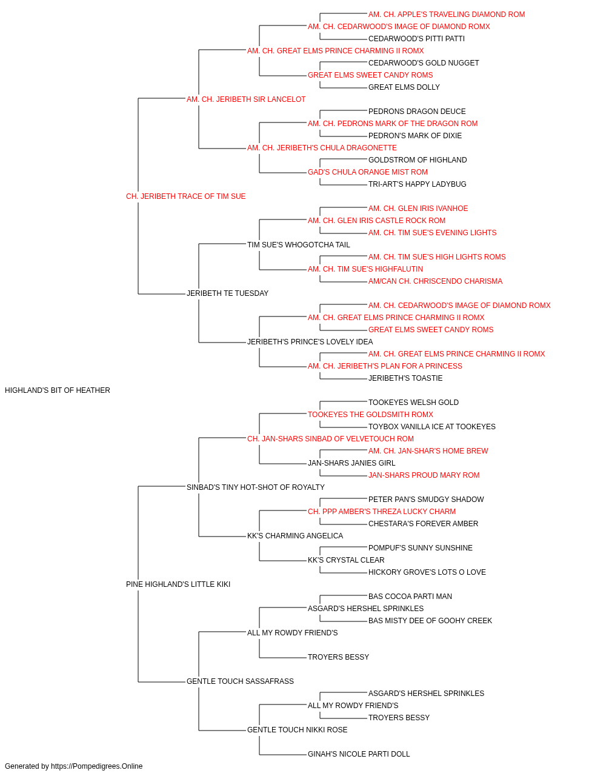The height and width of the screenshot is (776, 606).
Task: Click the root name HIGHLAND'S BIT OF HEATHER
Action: tap(58, 390)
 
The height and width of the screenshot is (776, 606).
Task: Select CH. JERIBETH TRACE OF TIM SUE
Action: tap(185, 196)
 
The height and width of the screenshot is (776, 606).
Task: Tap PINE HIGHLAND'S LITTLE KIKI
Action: tap(178, 584)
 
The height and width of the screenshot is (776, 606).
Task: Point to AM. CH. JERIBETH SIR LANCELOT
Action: tap(246, 99)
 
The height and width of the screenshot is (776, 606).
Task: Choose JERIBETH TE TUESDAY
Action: tap(227, 293)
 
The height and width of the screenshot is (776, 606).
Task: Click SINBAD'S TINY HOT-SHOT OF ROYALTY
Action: tap(256, 487)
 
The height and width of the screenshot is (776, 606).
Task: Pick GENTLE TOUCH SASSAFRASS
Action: tap(240, 681)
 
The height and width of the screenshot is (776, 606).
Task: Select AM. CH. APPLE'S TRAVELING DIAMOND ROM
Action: tap(447, 15)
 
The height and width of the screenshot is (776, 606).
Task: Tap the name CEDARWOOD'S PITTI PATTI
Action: tap(416, 39)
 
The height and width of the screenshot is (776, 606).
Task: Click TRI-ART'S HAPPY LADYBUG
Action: tap(417, 184)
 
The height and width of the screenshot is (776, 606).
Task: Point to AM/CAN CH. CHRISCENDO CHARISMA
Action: tap(435, 281)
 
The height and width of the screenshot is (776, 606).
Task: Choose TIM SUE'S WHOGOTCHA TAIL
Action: tap(299, 244)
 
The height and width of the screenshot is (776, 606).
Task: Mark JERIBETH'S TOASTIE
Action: tap(405, 378)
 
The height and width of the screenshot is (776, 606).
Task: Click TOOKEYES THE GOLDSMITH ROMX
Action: tap(370, 414)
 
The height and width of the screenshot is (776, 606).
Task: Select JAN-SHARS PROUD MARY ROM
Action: tap(424, 475)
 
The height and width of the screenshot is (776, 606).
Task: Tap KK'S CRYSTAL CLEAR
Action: tap(346, 560)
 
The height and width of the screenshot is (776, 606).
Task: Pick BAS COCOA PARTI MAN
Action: tap(410, 597)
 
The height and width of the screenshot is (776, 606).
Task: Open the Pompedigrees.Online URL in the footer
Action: tap(96, 766)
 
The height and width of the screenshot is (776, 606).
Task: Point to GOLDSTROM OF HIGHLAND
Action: tap(418, 159)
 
